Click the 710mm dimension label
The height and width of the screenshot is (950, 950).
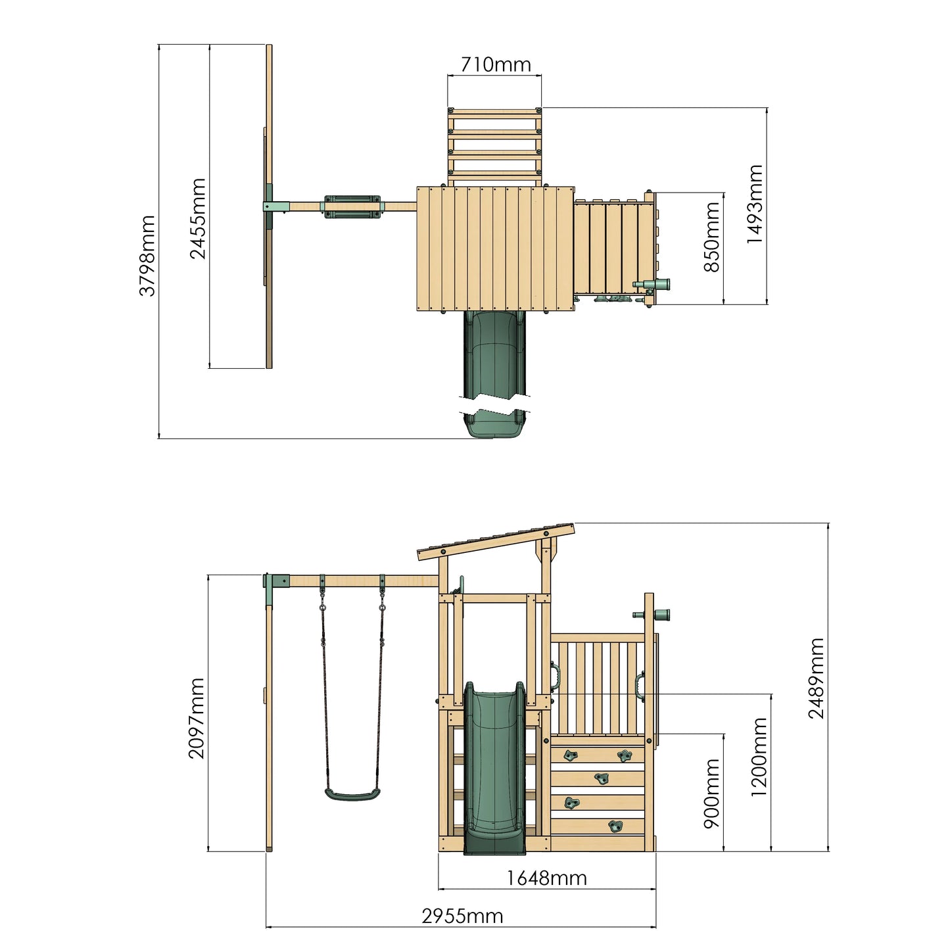495,64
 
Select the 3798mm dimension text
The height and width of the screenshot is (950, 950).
148,255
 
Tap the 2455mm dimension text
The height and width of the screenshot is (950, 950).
198,218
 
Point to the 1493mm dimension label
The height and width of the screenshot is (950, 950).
754,204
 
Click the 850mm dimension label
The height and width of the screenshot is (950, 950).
712,237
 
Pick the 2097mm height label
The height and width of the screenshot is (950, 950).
197,718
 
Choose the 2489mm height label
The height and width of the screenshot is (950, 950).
816,678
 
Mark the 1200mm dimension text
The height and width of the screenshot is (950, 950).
759,757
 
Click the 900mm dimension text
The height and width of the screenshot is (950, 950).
712,793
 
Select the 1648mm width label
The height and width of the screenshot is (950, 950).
546,878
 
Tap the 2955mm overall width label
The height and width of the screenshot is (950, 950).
462,916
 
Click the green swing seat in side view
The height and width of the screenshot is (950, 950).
352,795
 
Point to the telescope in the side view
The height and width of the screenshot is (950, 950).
652,615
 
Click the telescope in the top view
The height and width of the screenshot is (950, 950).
652,284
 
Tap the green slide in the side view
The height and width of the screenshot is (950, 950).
494,769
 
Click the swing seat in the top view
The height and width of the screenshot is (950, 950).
353,206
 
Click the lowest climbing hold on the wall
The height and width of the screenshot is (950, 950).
615,826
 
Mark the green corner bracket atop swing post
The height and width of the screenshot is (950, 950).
275,582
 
